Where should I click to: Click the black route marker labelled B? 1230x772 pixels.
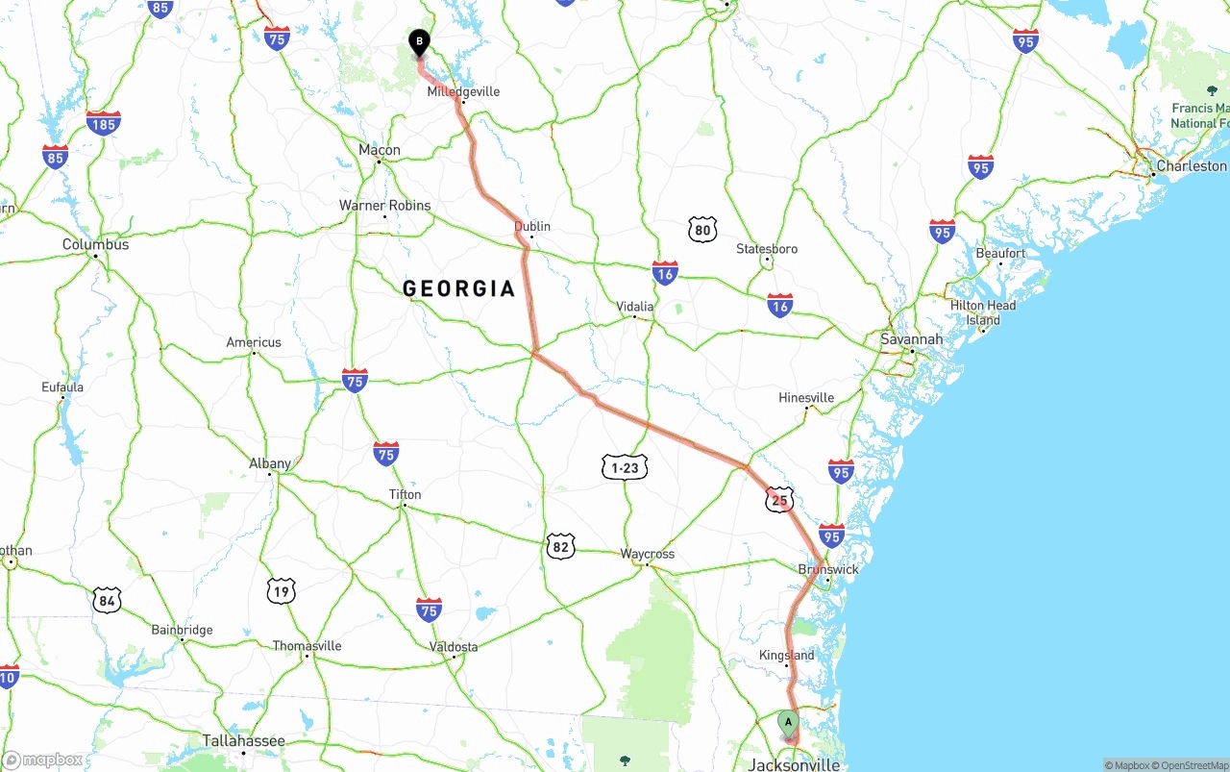419,42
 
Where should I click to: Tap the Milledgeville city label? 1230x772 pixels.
463,91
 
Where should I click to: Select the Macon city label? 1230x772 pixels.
380,150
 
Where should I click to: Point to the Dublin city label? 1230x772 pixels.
532,226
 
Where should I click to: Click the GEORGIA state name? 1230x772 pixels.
459,288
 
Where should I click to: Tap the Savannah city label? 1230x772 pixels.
911,339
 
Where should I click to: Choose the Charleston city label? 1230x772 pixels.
1192,165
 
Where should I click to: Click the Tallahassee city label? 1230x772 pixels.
243,741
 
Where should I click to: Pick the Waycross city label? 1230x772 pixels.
647,554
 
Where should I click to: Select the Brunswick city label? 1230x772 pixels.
828,569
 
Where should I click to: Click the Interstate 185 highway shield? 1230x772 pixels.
103,123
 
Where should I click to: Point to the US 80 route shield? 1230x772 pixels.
702,229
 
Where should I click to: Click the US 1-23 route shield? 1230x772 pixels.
625,468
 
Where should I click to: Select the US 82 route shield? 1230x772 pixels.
560,547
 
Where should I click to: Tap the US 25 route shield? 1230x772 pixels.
779,500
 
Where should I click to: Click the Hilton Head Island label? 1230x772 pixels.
983,312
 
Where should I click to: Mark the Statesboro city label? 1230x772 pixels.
767,249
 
